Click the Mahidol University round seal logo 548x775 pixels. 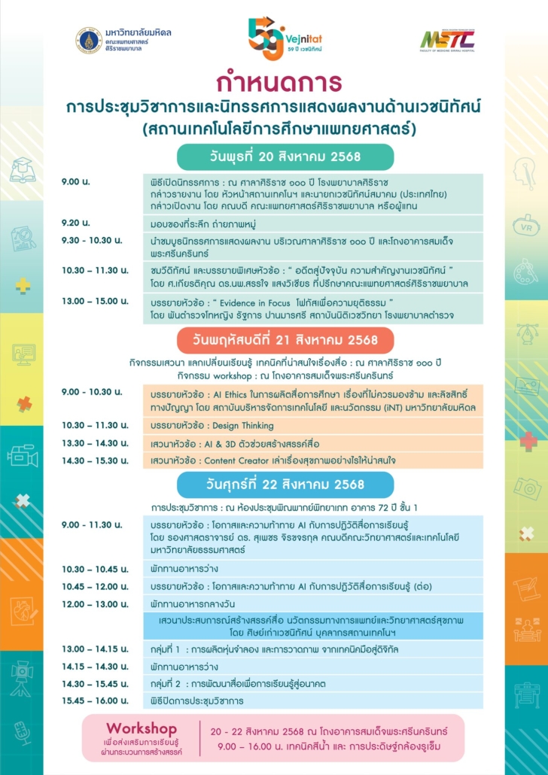89,40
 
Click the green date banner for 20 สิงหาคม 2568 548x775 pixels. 285,157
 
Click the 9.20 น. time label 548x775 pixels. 75,223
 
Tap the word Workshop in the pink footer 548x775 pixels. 142,728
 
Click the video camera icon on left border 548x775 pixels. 23,455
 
